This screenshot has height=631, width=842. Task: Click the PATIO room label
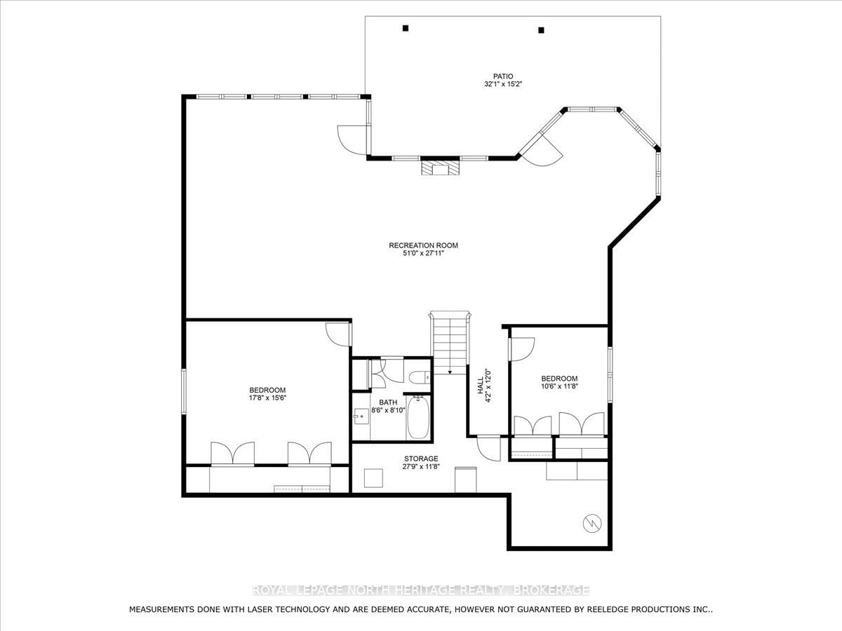point(503,76)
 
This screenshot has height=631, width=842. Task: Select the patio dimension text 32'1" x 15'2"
point(503,84)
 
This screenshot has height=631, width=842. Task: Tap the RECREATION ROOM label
point(424,245)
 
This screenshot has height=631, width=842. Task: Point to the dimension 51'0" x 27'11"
point(424,253)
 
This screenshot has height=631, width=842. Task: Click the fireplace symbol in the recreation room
point(440,168)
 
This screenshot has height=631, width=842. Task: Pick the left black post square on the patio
point(406,28)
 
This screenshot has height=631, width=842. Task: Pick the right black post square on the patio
point(541,30)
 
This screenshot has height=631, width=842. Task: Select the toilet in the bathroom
point(420,377)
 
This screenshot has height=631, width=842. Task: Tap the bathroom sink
point(361,415)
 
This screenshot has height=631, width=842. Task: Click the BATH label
point(388,402)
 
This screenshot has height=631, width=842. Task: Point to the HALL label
point(480,386)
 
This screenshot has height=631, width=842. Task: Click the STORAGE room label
point(421,459)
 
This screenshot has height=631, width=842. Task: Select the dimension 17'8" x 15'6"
point(268,398)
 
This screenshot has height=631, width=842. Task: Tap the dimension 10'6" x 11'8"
point(559,386)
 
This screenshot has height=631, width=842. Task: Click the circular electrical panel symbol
point(592,523)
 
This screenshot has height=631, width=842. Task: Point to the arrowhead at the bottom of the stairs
point(450,372)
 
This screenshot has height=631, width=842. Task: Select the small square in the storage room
point(373,478)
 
